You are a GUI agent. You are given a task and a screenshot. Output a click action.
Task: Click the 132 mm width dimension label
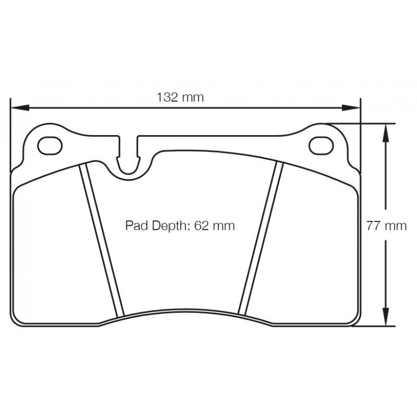[x=180, y=97]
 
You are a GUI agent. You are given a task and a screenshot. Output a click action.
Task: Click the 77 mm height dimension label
[x=386, y=226]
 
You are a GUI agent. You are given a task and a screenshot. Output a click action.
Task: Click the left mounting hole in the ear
[x=50, y=146]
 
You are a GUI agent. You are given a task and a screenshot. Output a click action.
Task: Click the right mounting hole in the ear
[x=321, y=146]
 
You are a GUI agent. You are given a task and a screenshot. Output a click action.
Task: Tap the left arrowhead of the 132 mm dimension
[x=20, y=108]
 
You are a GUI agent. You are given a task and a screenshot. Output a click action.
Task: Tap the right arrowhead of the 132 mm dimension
[x=351, y=108]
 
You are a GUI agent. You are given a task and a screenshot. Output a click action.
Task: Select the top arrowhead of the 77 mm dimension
[x=386, y=133]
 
